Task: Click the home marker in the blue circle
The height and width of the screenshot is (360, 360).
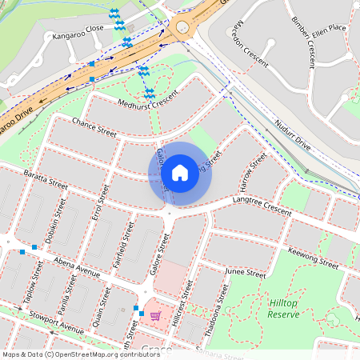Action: point(180,173)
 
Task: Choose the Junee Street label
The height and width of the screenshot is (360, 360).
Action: point(245,273)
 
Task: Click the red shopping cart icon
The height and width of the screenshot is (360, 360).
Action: point(155,316)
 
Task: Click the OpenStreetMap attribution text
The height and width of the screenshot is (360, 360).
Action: point(80,354)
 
